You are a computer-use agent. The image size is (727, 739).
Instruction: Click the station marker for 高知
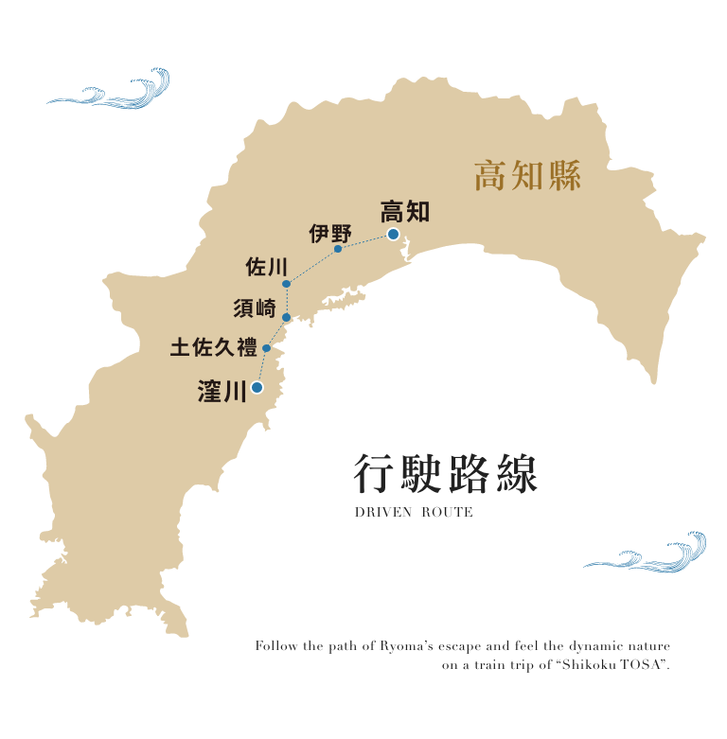[393, 235]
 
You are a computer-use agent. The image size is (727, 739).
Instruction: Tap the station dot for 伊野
[338, 249]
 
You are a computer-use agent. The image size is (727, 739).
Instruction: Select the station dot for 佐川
[286, 283]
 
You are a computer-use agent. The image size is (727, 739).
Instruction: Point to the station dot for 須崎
[287, 318]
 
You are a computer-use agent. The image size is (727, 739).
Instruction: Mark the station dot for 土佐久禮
[267, 348]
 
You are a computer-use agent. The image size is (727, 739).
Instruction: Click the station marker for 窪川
[257, 387]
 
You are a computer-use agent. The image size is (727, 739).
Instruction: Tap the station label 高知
[404, 211]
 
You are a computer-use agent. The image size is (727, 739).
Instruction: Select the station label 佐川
[266, 267]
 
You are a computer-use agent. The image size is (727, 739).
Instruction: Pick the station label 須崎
[255, 308]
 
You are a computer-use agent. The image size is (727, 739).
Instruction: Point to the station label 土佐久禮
[214, 348]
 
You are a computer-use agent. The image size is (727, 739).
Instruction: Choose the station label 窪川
[222, 390]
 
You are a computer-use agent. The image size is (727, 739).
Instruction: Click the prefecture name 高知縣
[527, 176]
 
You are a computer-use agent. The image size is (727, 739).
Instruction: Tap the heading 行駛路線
[445, 474]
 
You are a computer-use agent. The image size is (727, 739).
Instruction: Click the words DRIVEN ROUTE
[414, 513]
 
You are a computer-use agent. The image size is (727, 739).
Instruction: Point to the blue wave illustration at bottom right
[647, 554]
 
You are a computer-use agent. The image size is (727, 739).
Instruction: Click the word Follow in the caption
[275, 646]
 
